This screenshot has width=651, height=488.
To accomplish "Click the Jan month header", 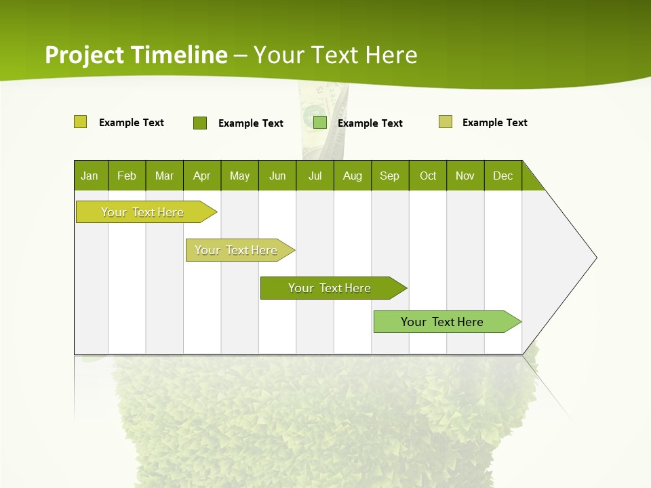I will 90,176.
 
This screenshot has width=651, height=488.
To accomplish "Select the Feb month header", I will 127,176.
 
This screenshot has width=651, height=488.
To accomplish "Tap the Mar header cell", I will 164,176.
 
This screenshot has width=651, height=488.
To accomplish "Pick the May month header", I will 239,176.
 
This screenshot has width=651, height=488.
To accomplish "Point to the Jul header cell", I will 315,176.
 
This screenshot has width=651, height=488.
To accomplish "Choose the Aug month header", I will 353,176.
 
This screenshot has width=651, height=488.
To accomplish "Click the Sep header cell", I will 390,176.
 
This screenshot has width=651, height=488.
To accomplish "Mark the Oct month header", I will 428,176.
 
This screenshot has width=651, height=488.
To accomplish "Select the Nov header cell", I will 465,176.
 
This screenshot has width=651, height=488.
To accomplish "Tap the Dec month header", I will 502,176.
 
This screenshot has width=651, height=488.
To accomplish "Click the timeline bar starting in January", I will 143,212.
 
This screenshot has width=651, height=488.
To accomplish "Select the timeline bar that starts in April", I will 237,250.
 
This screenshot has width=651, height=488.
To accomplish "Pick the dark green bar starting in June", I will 330,288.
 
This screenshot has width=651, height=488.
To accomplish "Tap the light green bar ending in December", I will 443,322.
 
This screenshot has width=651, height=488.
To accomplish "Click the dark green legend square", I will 200,123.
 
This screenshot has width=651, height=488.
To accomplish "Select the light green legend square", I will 320,123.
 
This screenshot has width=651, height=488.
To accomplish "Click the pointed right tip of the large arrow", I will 595,258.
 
